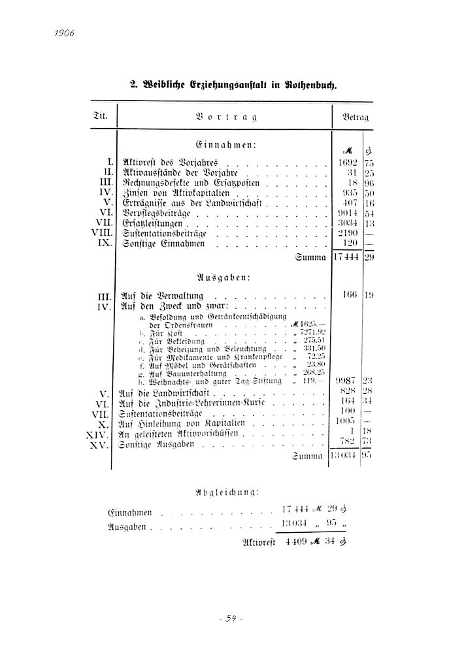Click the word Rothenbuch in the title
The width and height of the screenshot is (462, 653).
coord(311,85)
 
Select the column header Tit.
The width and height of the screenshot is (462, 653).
coord(101,117)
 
